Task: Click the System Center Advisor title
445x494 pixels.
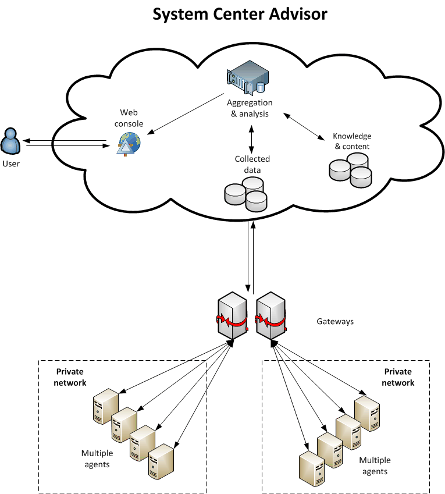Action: click(x=240, y=14)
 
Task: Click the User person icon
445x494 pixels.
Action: click(x=10, y=141)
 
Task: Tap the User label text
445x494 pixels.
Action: click(x=10, y=164)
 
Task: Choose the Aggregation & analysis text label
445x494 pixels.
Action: click(x=250, y=108)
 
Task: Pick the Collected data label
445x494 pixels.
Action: click(x=252, y=164)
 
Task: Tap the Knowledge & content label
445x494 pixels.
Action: click(x=352, y=141)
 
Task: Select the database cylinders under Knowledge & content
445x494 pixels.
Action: click(x=350, y=169)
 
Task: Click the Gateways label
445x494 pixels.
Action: click(x=335, y=321)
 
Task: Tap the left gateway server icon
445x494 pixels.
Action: click(x=232, y=317)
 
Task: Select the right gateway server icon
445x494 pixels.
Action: click(x=270, y=317)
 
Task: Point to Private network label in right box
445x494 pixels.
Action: click(x=398, y=377)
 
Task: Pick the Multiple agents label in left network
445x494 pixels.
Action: click(x=97, y=459)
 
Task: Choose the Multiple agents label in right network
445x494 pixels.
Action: click(x=375, y=465)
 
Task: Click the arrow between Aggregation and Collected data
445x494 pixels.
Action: click(x=251, y=137)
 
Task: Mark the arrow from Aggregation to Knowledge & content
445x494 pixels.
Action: click(x=304, y=126)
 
